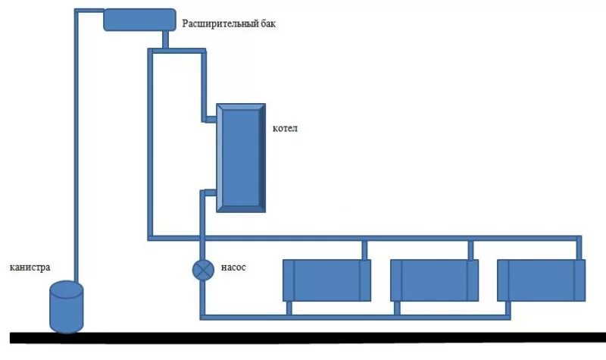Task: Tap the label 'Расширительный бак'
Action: (229, 23)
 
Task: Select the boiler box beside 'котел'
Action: (241, 157)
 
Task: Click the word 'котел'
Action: (285, 128)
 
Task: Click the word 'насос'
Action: (233, 268)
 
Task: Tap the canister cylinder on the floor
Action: (65, 307)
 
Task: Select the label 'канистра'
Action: (30, 268)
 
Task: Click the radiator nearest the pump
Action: (326, 280)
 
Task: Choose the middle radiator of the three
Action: (434, 280)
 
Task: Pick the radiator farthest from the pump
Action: (541, 280)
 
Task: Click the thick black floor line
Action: (303, 337)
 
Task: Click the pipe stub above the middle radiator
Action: (471, 249)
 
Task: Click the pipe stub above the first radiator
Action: (364, 249)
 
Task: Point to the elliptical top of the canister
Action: (65, 289)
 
